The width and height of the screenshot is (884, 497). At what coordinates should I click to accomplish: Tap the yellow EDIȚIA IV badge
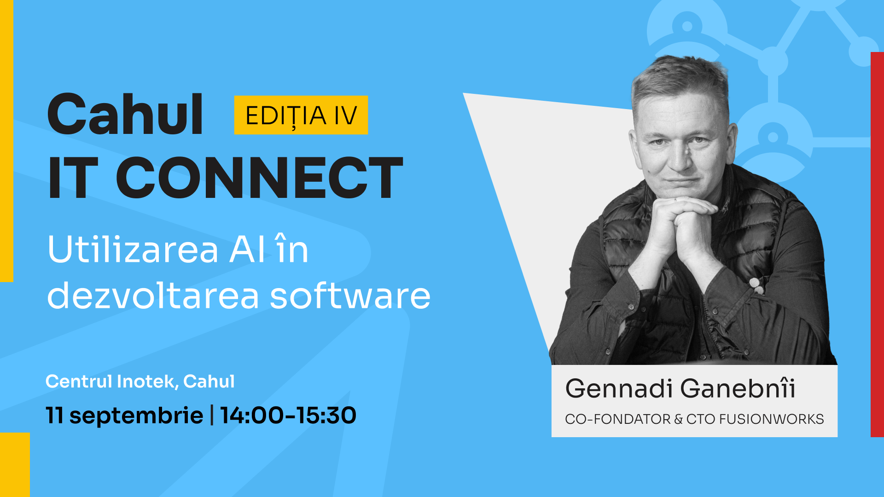coord(301,115)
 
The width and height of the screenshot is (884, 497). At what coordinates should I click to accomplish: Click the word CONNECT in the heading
coord(259,178)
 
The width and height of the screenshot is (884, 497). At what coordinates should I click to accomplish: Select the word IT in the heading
coord(73,178)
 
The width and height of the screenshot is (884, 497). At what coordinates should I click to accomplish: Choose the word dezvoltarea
coord(153,295)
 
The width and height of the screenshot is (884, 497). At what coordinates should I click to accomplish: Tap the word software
coord(350,295)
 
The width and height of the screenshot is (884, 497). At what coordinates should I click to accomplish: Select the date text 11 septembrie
coord(124,416)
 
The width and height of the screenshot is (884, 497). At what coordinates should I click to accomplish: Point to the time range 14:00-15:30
coord(288,415)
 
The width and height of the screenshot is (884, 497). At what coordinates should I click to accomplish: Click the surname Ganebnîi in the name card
coord(738,388)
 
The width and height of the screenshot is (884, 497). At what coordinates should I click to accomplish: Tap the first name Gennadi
coord(619,388)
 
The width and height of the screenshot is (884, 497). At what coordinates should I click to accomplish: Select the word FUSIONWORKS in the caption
coord(771,419)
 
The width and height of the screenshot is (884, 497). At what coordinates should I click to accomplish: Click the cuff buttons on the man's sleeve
coord(756,285)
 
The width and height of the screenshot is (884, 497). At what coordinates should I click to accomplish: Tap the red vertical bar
coord(877,244)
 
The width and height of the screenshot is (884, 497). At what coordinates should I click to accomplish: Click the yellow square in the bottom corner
coord(15,465)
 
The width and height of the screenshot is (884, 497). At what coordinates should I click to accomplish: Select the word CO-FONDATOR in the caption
coord(618,419)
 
